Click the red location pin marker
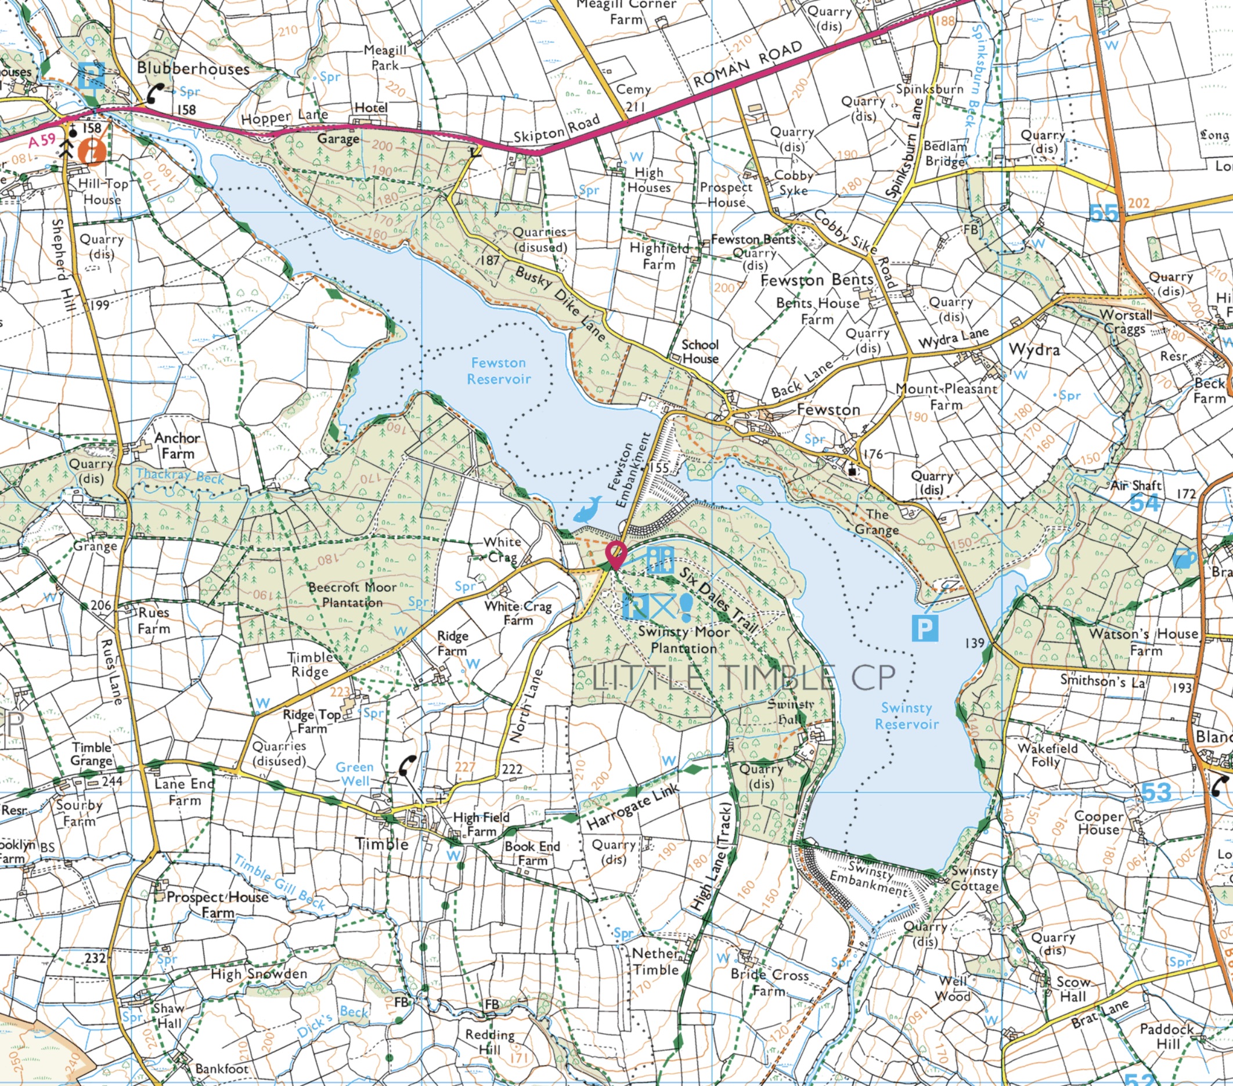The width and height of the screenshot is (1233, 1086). (x=615, y=552)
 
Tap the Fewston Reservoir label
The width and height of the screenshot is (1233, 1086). (x=499, y=371)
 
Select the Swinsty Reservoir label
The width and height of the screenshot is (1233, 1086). (x=906, y=716)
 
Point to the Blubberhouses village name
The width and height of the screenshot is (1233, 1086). (x=193, y=68)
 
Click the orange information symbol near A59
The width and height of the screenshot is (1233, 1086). (x=95, y=150)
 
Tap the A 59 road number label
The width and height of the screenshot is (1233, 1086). (x=42, y=141)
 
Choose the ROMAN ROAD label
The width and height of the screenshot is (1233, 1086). (x=748, y=64)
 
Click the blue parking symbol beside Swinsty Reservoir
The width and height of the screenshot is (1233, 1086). (x=925, y=629)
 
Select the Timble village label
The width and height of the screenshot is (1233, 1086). (x=381, y=844)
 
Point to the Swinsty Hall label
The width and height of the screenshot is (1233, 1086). (x=791, y=712)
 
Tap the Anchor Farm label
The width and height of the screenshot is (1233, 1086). (x=176, y=446)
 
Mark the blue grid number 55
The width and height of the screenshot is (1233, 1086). (x=1104, y=213)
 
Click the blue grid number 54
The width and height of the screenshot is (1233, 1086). (x=1144, y=502)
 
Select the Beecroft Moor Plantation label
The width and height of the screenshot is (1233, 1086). (x=352, y=595)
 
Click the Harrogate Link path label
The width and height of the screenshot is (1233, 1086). (x=633, y=806)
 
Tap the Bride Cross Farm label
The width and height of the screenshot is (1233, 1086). (x=769, y=983)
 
